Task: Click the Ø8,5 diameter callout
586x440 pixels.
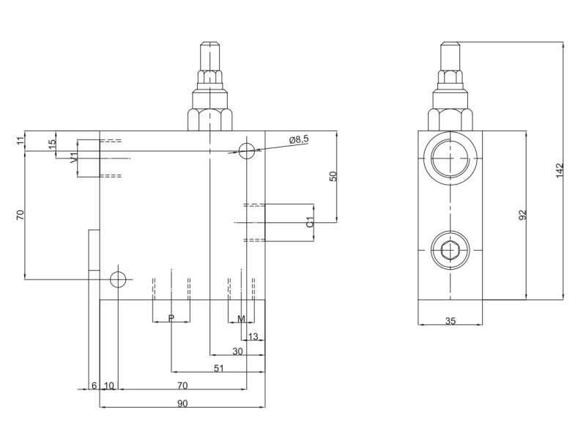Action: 300,139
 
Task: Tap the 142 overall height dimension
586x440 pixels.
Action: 560,170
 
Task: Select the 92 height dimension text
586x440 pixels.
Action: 522,216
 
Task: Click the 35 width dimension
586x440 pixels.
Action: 450,320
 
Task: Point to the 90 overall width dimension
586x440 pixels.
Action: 182,403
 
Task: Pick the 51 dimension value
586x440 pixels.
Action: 218,368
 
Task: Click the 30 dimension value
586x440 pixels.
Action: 237,351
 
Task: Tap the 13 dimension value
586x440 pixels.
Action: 253,337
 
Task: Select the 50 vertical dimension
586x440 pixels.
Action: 333,176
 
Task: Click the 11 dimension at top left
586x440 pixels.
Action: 21,141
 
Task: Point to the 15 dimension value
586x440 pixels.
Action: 51,144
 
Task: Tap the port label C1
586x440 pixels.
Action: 311,222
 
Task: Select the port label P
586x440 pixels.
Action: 171,318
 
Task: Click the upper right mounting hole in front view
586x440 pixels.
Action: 247,150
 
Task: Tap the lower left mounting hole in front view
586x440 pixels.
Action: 118,279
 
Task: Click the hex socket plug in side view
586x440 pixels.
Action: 449,252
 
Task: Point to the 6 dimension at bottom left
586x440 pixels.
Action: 94,385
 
